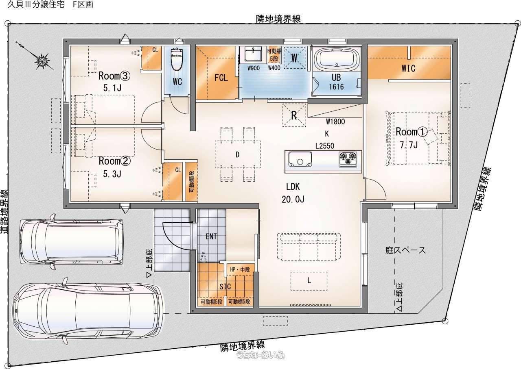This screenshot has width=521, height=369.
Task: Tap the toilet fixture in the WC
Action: click(177, 59)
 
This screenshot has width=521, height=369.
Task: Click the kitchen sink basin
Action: click(300, 159)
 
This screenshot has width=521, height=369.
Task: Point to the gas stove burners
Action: click(348, 159)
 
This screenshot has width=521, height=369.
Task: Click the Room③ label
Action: click(114, 76)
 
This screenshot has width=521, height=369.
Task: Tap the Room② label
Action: click(114, 161)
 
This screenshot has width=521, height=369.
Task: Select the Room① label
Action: click(412, 132)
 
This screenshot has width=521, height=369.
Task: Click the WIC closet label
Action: click(408, 68)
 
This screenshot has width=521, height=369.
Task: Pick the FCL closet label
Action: click(221, 78)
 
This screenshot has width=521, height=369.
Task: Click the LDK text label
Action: click(293, 187)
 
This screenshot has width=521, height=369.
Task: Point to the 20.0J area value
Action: click(293, 199)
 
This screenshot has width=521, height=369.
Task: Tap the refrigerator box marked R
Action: click(294, 115)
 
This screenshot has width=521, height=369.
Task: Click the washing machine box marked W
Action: click(294, 58)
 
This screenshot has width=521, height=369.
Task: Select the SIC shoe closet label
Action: click(225, 287)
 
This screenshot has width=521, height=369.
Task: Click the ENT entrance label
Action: click(211, 237)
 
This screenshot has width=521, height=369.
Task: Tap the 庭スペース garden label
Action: click(405, 250)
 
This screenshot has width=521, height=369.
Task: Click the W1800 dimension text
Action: click(335, 122)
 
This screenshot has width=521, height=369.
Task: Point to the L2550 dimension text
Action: click(325, 146)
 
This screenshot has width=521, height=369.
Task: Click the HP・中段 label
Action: click(240, 269)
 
